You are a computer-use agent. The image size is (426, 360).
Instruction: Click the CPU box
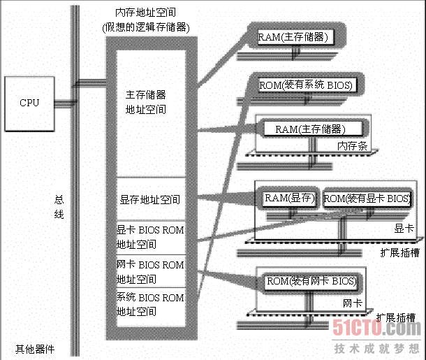pos(29,103)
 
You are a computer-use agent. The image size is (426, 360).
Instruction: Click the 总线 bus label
pos(59,207)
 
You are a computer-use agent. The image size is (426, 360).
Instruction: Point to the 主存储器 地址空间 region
pos(146,101)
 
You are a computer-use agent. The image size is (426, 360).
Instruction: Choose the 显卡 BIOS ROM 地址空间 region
pos(150,236)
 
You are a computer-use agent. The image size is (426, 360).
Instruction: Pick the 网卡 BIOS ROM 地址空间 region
pos(150,271)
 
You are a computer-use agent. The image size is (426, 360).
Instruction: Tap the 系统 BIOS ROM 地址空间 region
pos(150,304)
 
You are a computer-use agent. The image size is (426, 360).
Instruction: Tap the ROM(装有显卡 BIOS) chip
pos(367,199)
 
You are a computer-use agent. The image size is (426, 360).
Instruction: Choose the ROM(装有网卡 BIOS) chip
pos(311,282)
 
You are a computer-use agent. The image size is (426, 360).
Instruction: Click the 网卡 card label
pos(352,303)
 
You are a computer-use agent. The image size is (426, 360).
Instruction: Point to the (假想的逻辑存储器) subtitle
pos(145,27)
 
